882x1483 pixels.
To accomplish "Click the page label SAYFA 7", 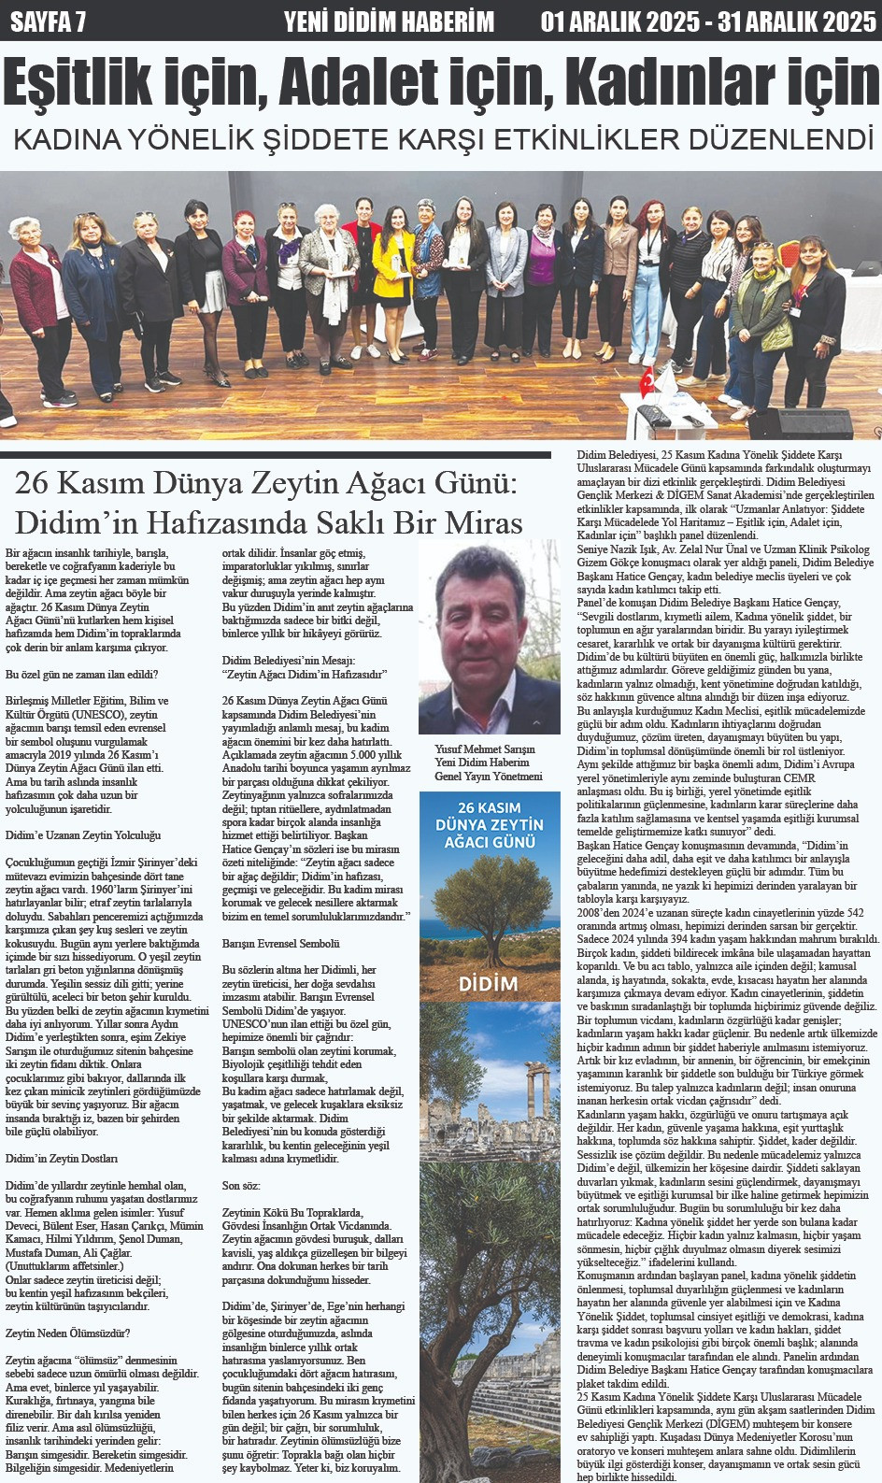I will [48, 21].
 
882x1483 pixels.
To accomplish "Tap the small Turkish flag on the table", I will [647, 381].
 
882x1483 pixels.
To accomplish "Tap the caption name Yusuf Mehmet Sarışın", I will [484, 749].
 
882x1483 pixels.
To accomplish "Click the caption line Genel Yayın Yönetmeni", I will [488, 776].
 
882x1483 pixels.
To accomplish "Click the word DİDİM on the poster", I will [488, 983].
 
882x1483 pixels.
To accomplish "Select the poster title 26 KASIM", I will [489, 806].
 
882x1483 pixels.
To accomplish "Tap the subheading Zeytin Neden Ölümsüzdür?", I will [68, 1333].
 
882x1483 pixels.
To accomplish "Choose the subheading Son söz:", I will [240, 1185].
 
